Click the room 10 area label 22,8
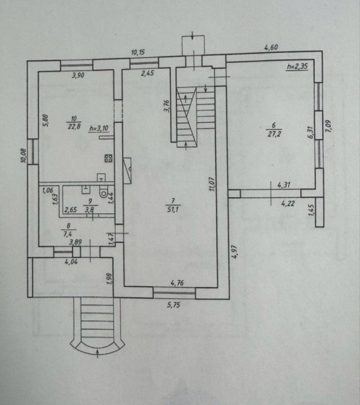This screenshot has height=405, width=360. tap(74, 126)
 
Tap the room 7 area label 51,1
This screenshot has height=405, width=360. tap(173, 209)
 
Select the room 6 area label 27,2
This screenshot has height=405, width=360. tap(274, 134)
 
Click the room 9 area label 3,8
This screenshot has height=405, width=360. tap(89, 210)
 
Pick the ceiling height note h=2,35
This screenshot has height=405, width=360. tap(297, 66)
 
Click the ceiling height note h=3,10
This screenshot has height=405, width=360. tap(99, 128)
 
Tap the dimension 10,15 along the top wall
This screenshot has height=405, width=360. tap(138, 53)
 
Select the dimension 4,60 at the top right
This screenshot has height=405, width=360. tap(271, 47)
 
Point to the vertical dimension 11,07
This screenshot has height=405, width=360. tap(212, 184)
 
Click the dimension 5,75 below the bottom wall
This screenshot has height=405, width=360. tap(173, 305)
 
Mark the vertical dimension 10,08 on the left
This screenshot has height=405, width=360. tap(24, 156)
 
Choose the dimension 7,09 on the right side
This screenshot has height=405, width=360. tap(328, 126)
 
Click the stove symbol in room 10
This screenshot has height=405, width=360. tap(108, 158)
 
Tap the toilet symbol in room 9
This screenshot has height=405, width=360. tap(104, 192)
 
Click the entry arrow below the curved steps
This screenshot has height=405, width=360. tap(97, 354)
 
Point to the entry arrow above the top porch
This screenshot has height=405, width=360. tap(193, 36)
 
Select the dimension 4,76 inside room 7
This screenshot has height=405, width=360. tap(177, 283)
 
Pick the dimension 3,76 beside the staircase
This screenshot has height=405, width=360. tap(167, 106)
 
